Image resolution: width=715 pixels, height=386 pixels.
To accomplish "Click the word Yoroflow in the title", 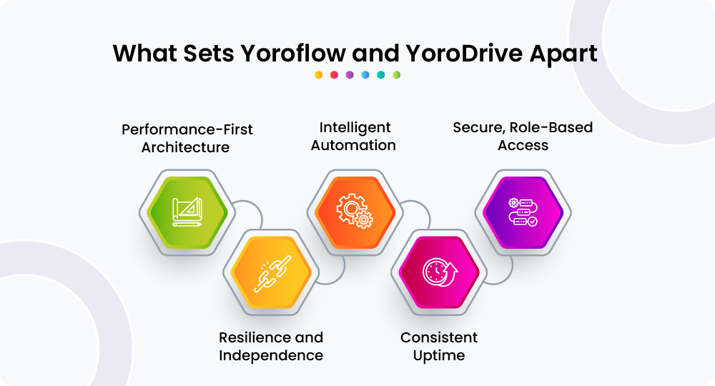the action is coord(294,54).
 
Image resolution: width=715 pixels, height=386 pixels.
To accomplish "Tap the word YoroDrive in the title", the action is coord(464,54).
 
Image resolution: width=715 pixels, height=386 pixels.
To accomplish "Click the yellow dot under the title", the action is coord(319,75).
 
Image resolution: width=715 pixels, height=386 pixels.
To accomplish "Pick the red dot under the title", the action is coord(334,75).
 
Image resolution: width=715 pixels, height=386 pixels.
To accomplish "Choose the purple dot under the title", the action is coord(350,75).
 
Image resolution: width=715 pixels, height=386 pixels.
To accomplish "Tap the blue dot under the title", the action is coord(365,75).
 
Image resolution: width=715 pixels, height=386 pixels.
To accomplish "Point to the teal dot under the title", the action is coord(381,75).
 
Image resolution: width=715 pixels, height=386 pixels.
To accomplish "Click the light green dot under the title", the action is coord(396,75).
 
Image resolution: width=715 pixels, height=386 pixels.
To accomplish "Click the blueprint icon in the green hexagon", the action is coord(187,212).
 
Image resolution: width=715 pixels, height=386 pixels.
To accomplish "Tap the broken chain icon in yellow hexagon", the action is coord(272,274).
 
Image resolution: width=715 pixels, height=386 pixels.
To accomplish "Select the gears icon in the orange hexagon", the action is coord(355,211).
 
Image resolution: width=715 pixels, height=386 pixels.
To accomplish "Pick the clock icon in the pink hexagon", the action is coord(440,272).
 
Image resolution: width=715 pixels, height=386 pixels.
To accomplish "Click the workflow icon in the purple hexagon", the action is coord(523,212).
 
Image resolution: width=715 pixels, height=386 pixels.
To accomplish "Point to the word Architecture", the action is coord(185,147).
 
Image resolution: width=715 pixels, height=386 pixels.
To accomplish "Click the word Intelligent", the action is coord(355,128).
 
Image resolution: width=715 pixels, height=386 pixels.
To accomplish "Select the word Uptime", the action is coord(439,356).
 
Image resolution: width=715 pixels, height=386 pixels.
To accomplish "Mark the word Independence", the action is coord(271,355).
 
